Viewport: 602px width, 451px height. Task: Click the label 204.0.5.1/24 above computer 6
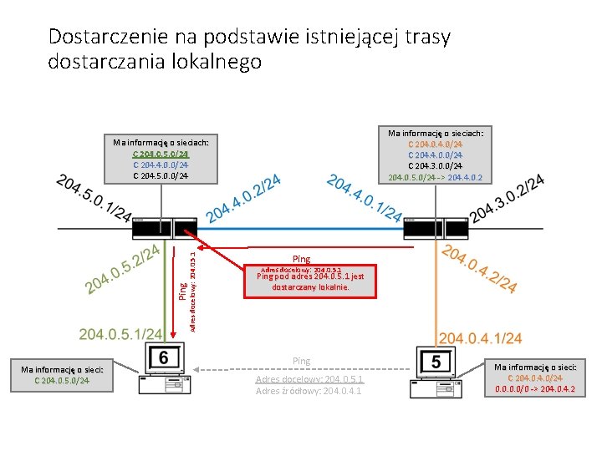click(x=120, y=334)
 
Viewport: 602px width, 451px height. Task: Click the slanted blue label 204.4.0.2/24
click(x=243, y=199)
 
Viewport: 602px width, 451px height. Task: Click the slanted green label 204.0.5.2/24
click(x=125, y=267)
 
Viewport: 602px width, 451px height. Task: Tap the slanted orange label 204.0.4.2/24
click(x=481, y=267)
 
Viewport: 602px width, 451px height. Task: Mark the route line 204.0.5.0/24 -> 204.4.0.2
click(x=435, y=177)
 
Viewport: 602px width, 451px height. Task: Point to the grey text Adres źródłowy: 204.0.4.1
click(x=309, y=391)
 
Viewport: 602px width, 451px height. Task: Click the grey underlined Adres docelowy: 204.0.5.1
click(x=309, y=379)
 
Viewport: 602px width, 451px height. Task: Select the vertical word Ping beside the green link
click(x=183, y=290)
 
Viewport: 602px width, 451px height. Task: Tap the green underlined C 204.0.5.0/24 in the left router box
click(x=161, y=154)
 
